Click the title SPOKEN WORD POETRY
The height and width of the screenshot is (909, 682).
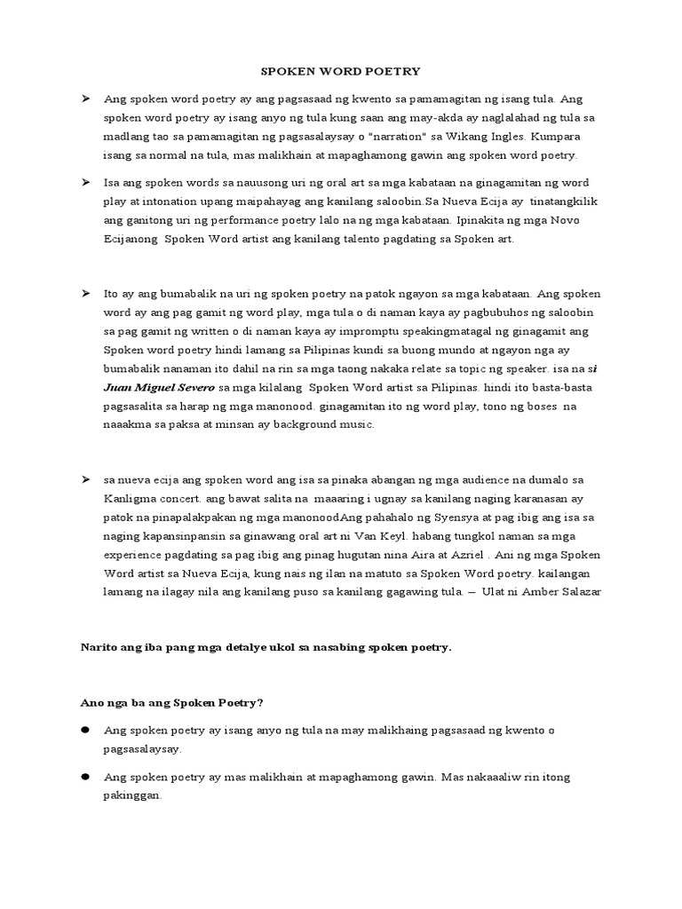tap(340, 70)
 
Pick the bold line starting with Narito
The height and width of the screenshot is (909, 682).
tap(266, 647)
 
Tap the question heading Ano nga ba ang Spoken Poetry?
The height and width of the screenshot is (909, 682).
tap(172, 702)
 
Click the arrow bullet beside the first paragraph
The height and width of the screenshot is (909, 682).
tap(86, 98)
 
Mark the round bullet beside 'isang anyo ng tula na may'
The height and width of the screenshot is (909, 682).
tap(86, 730)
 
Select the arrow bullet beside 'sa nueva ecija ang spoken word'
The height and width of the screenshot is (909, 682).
tap(86, 479)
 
